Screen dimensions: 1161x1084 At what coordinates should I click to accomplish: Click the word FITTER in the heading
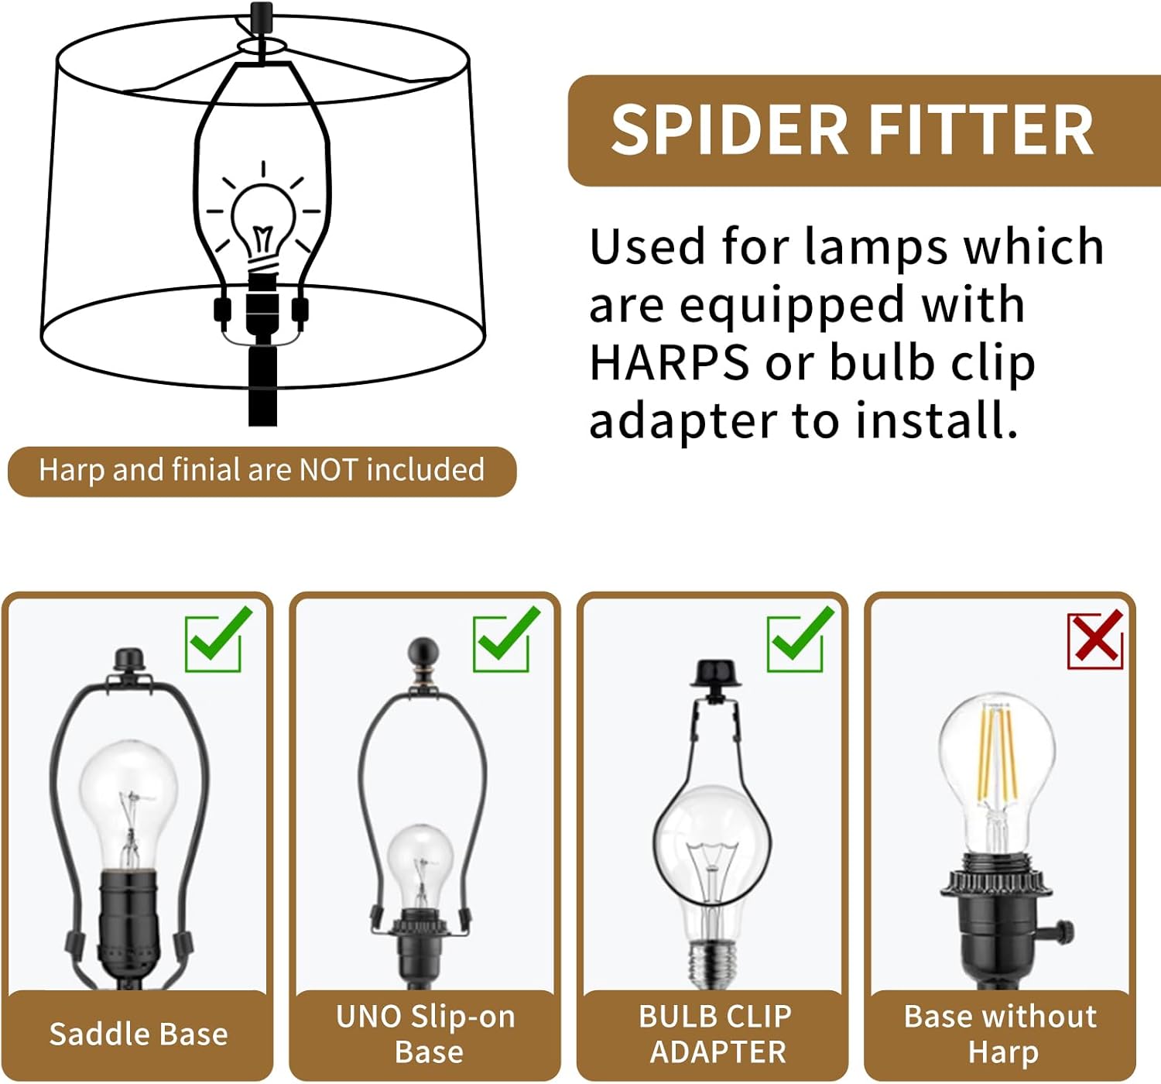click(x=981, y=130)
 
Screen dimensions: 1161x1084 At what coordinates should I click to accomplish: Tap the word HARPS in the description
click(x=670, y=362)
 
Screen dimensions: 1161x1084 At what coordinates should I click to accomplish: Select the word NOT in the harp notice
click(x=328, y=470)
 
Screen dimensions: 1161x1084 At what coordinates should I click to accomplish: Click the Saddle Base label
click(x=139, y=1034)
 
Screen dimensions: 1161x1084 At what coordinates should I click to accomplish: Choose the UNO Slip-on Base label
click(x=426, y=1034)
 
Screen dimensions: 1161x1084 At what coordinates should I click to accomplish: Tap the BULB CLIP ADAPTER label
click(x=717, y=1034)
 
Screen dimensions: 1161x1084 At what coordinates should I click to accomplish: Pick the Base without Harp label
click(x=1001, y=1034)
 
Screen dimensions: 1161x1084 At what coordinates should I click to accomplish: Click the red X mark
click(x=1095, y=640)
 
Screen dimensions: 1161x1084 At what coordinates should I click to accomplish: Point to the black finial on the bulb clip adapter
click(x=715, y=674)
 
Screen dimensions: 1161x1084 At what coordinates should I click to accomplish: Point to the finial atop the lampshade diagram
click(x=262, y=13)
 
